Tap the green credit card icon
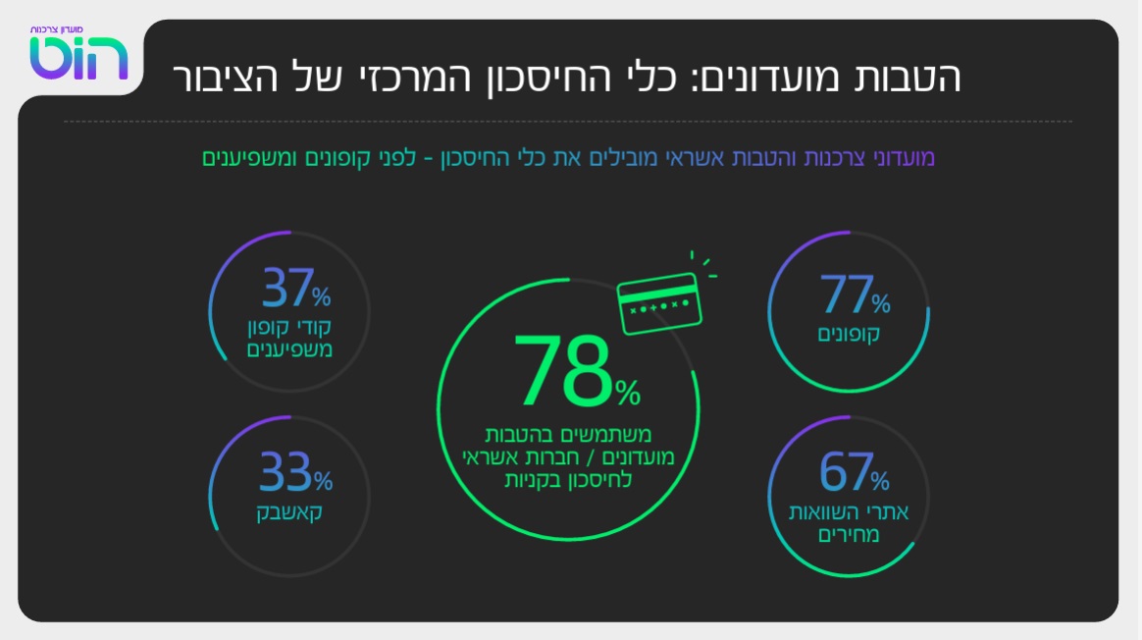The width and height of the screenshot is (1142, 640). coord(658,300)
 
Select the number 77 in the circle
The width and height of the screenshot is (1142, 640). coord(845,293)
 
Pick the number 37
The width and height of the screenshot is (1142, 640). coord(287,290)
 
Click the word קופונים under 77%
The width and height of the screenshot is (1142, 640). coord(850,334)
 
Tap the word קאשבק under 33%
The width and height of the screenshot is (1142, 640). coord(289,511)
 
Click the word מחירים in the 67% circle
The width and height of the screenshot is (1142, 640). coord(850,535)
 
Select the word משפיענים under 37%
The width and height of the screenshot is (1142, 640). coord(291,348)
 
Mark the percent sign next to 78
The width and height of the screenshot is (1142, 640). coord(627,394)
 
